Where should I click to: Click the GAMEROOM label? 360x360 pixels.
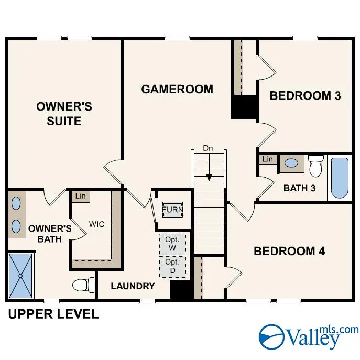point(177,89)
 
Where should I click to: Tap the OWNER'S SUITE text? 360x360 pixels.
point(64,114)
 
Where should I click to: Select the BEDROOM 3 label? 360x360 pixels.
point(305,95)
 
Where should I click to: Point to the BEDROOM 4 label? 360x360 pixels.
point(289,251)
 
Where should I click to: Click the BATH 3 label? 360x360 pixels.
point(299,188)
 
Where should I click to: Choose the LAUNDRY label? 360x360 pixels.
point(133,286)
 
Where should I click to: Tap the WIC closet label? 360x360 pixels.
point(97,224)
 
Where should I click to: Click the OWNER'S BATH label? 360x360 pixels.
point(50,234)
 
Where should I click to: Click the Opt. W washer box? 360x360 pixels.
point(172,244)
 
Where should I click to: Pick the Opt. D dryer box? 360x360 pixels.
point(172,266)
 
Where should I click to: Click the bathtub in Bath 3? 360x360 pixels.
point(340,178)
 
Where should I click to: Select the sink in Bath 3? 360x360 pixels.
point(291,163)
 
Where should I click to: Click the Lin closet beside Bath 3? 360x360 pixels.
point(268,159)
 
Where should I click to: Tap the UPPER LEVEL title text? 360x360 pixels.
point(53,314)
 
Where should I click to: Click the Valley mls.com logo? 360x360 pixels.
point(309,335)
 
